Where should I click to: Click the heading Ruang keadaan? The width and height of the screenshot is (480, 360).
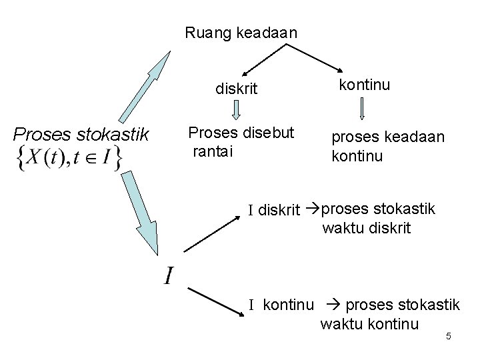point(241,31)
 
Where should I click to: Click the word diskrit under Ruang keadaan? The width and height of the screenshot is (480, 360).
point(235,89)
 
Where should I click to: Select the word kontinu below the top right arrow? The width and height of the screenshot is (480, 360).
point(365,85)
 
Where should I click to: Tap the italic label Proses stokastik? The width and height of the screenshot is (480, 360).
point(81,135)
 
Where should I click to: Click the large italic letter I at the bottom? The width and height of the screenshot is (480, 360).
point(169,274)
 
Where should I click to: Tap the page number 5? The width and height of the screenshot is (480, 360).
point(448,336)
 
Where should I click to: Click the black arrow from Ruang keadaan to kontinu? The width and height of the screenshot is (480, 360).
point(316,59)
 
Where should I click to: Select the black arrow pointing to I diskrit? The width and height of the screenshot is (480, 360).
point(211,233)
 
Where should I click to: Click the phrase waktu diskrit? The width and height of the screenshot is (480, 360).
point(367,228)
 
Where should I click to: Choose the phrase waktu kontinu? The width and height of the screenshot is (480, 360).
point(369,324)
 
